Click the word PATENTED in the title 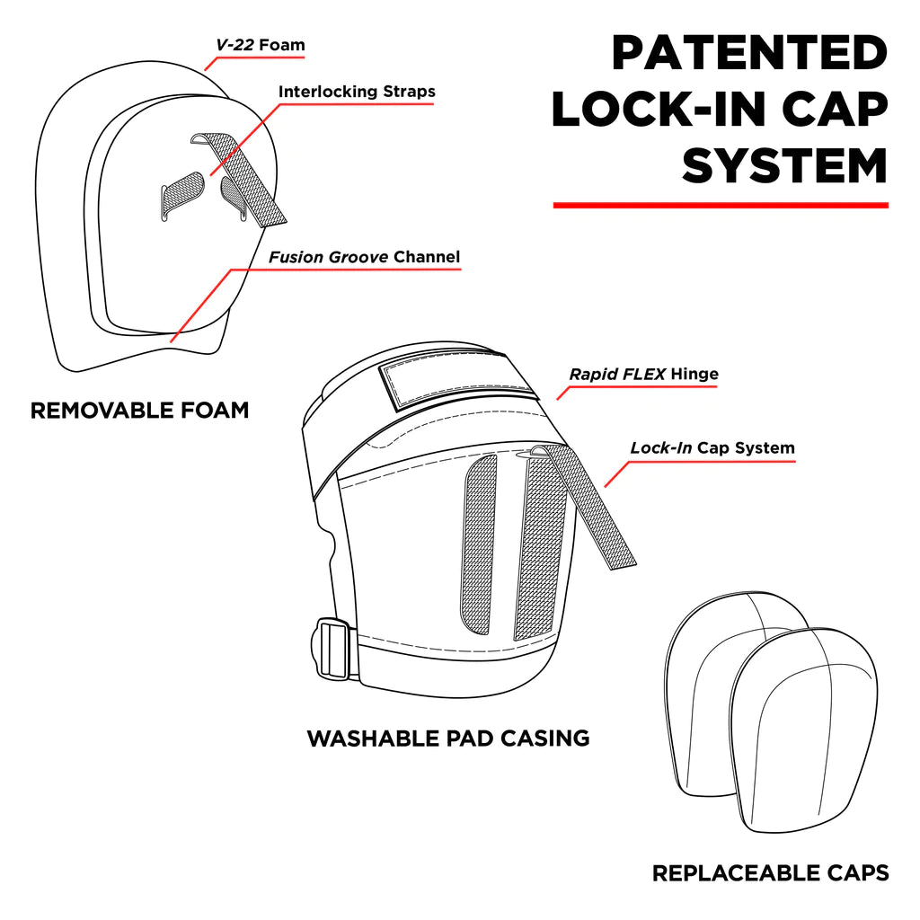coord(749,54)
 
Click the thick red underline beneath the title coord(721,206)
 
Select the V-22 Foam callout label coord(260,44)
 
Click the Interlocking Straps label coord(357,92)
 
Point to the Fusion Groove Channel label coord(364,257)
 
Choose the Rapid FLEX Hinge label coord(644,374)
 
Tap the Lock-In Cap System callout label coord(712,447)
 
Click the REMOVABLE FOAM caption coord(139,411)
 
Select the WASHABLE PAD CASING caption coord(448,739)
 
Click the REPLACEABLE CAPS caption coord(770,872)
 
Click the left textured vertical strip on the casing coord(479,544)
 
